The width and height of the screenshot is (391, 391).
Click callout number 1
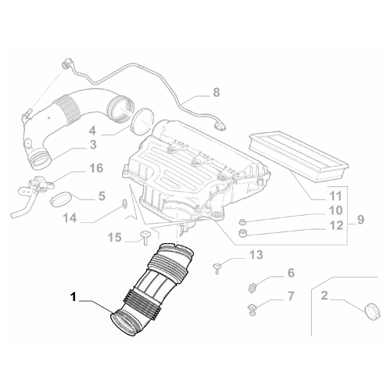pyautogui.click(x=74, y=296)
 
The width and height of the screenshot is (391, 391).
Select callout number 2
pyautogui.click(x=325, y=297)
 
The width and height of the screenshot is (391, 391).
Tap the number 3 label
pyautogui.click(x=92, y=145)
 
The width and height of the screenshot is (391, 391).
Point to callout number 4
pyautogui.click(x=92, y=130)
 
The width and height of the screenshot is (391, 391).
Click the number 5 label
pyautogui.click(x=102, y=195)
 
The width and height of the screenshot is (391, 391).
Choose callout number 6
pyautogui.click(x=290, y=273)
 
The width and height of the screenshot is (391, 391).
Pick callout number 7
pyautogui.click(x=290, y=297)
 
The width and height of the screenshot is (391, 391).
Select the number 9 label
pyautogui.click(x=360, y=221)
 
